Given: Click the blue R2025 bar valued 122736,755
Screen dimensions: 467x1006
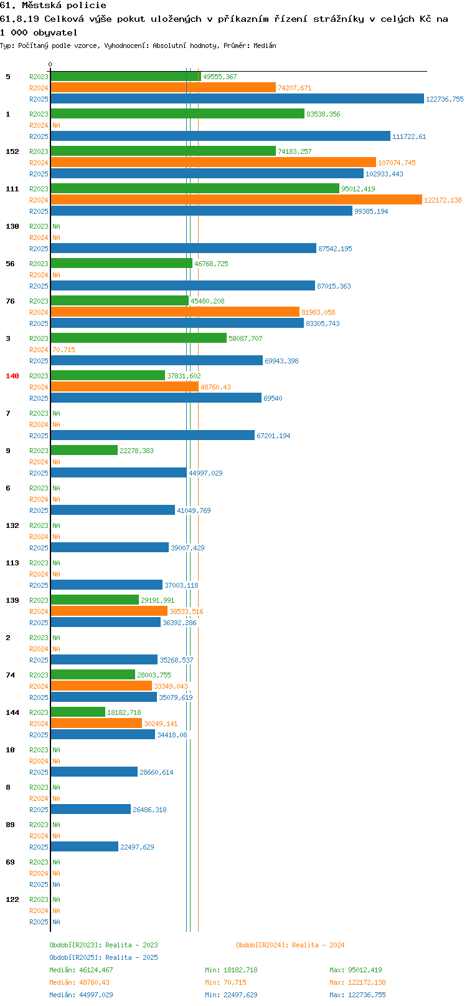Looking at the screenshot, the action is coord(237,99).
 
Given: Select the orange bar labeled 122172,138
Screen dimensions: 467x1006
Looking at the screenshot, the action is coord(237,200).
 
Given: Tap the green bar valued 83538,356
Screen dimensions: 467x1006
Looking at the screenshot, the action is coord(177,114).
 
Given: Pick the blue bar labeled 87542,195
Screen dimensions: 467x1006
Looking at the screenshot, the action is coord(184,248).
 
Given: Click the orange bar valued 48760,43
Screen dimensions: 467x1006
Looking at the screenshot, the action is coord(125,386).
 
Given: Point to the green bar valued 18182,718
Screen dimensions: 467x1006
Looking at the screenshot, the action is coord(78,712).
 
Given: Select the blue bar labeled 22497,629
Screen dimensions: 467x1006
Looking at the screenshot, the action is coord(84,846).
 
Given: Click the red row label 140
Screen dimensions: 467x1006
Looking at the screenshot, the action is coord(12,376).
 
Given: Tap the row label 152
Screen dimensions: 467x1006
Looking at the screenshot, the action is coord(12,151).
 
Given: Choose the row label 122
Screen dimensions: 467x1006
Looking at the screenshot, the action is coord(12,899).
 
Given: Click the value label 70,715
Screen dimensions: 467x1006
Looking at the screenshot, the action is coord(64,350).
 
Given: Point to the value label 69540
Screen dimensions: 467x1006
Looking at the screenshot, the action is coord(273,398).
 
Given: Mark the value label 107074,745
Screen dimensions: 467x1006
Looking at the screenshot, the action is coord(397,163).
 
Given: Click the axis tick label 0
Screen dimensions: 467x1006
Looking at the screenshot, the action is coord(50,64).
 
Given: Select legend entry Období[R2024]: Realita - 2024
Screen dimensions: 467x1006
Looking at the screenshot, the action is coord(290,945).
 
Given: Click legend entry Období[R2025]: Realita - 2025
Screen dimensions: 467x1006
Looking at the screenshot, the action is coord(103,957).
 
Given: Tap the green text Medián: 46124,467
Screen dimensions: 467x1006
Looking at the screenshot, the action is coord(81,970).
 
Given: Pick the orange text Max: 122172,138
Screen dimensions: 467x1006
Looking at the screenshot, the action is coord(357,983).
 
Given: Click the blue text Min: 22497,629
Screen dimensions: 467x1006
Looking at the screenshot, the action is coord(231,995).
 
